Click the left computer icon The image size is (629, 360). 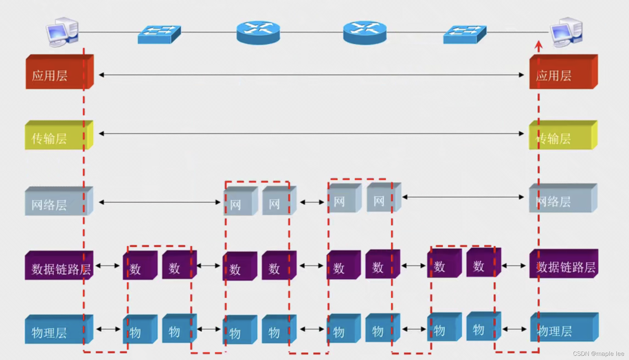coord(62,32)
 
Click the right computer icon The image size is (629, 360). coord(567,32)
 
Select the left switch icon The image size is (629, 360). coord(159,34)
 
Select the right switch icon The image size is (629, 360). coord(465,34)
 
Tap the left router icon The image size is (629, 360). coord(258,33)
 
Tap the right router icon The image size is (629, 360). coord(365,33)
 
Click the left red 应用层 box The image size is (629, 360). coord(59,72)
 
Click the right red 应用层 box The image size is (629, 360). coord(563,72)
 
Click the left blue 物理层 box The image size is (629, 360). coord(59,329)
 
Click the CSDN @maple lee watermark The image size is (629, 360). coord(598,354)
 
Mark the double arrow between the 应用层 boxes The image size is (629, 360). coord(311,75)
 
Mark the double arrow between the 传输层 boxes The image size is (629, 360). coord(311,133)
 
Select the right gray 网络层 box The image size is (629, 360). coord(563,198)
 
